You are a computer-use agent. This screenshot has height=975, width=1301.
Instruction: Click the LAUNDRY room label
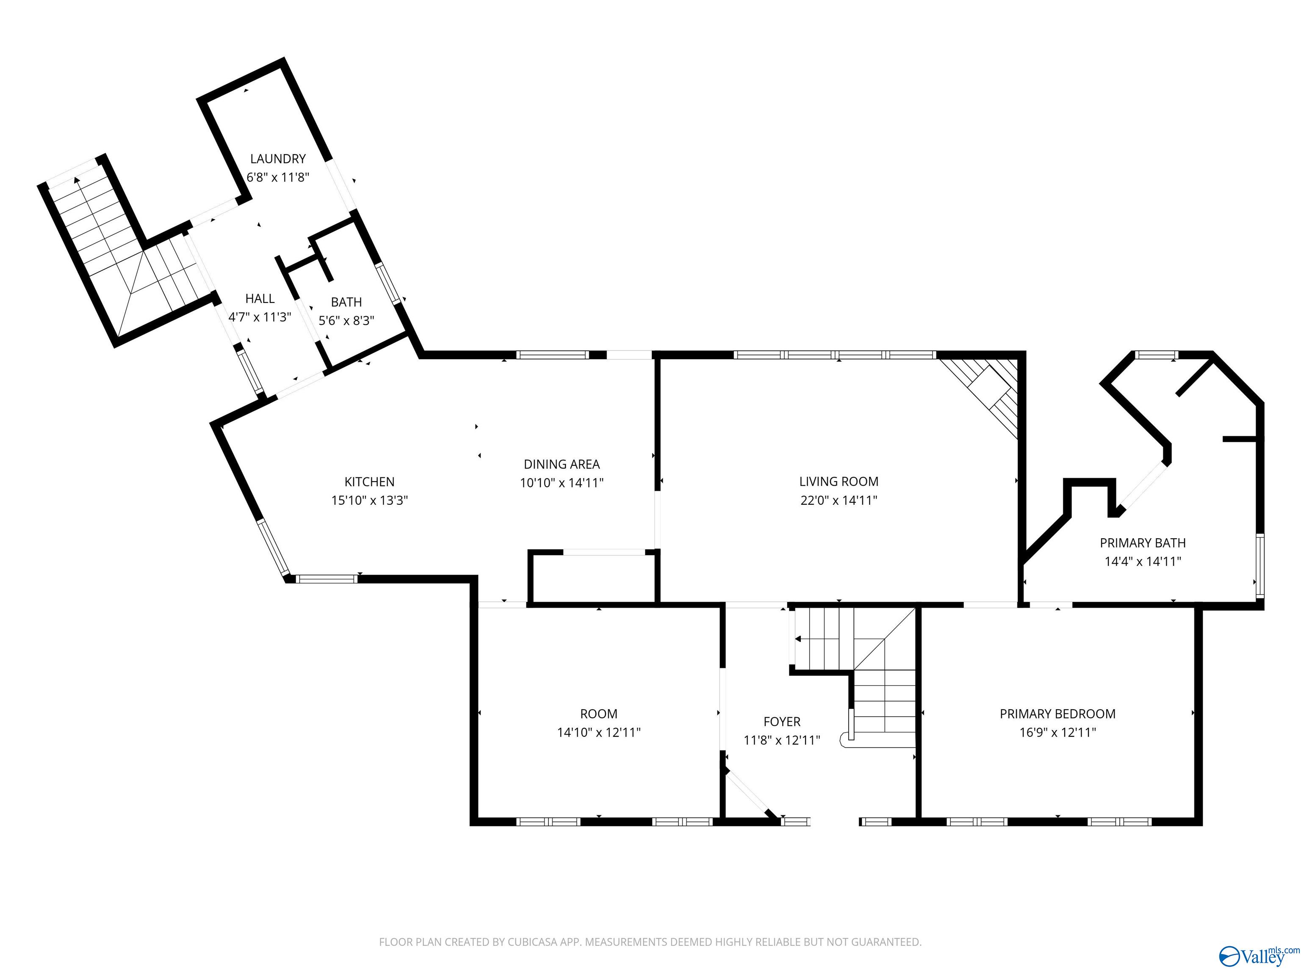tap(278, 159)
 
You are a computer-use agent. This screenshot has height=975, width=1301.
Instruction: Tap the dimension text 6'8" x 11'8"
tap(278, 177)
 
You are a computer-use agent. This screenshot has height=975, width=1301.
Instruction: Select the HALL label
tap(259, 299)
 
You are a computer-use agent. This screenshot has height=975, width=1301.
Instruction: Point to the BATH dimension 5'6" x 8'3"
tap(346, 321)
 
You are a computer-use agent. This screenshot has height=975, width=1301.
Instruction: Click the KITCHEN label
tap(369, 482)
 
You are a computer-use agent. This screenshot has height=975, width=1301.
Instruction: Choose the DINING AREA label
tap(562, 464)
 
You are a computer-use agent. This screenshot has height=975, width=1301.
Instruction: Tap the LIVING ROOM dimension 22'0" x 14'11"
tap(839, 501)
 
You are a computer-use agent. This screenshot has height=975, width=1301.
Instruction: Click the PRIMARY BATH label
tap(1142, 543)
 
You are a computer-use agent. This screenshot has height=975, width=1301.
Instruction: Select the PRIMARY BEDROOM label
tap(1057, 714)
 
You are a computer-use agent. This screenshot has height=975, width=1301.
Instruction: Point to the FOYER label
tap(782, 722)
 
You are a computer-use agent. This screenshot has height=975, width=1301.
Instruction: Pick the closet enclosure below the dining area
tap(593, 578)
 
